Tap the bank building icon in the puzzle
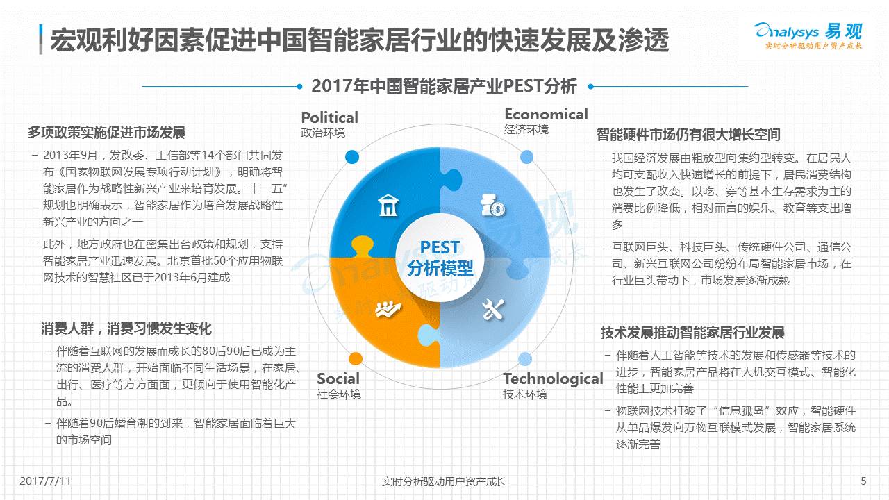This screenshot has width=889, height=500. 388,205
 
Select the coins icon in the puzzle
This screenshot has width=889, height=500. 492,205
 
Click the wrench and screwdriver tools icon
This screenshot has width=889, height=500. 493,310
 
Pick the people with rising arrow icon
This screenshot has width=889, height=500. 388,310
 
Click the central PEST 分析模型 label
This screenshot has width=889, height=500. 440,258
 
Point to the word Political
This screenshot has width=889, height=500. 329,117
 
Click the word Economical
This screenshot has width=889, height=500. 546,115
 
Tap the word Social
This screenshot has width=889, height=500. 338,378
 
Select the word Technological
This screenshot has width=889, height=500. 554,379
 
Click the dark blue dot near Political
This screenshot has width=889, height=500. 352,157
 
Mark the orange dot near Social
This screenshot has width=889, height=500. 356,359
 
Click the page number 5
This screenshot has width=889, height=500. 864,481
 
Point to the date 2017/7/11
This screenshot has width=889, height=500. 45,481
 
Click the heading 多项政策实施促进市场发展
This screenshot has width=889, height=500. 106,133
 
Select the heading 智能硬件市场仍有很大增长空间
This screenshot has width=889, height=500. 688,135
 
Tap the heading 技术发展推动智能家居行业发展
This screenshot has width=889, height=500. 692,333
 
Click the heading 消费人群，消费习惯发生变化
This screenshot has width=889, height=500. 126,328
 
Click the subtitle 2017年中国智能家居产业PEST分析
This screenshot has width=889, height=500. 444,86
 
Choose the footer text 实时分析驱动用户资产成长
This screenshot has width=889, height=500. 444,481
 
